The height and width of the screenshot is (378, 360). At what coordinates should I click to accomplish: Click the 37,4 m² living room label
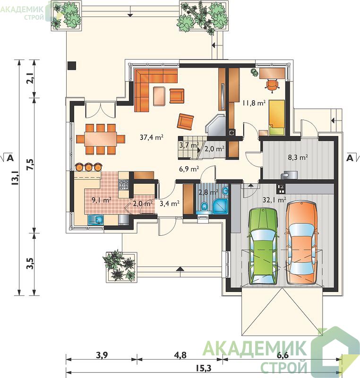click(x=152, y=137)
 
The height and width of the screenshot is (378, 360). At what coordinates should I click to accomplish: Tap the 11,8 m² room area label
click(x=254, y=103)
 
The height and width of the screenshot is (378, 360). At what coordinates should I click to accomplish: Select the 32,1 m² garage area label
click(x=274, y=199)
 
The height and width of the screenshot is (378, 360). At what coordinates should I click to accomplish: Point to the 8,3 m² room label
click(x=298, y=157)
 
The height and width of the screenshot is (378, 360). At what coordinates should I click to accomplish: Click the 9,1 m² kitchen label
click(x=102, y=199)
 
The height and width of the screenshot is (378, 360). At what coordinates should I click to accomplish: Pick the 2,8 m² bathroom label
click(x=208, y=192)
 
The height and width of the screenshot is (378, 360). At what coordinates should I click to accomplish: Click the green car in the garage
click(x=263, y=246)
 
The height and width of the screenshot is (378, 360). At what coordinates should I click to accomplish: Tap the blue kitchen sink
click(x=95, y=220)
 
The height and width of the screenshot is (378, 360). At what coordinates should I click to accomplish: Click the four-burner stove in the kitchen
click(x=124, y=185)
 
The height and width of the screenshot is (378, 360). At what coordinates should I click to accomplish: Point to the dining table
click(x=101, y=139)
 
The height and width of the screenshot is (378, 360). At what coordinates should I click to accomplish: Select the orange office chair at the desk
click(x=272, y=86)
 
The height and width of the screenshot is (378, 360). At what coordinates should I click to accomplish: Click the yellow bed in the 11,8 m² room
click(x=277, y=117)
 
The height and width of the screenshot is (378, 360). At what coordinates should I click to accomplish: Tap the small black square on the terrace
click(x=72, y=66)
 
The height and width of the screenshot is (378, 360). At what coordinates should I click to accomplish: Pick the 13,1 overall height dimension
click(x=16, y=177)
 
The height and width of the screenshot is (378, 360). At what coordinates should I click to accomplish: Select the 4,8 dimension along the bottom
click(x=180, y=355)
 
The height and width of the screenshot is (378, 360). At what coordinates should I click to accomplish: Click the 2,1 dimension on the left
click(x=30, y=78)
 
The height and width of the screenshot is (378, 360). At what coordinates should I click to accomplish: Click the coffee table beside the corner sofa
click(x=159, y=96)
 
